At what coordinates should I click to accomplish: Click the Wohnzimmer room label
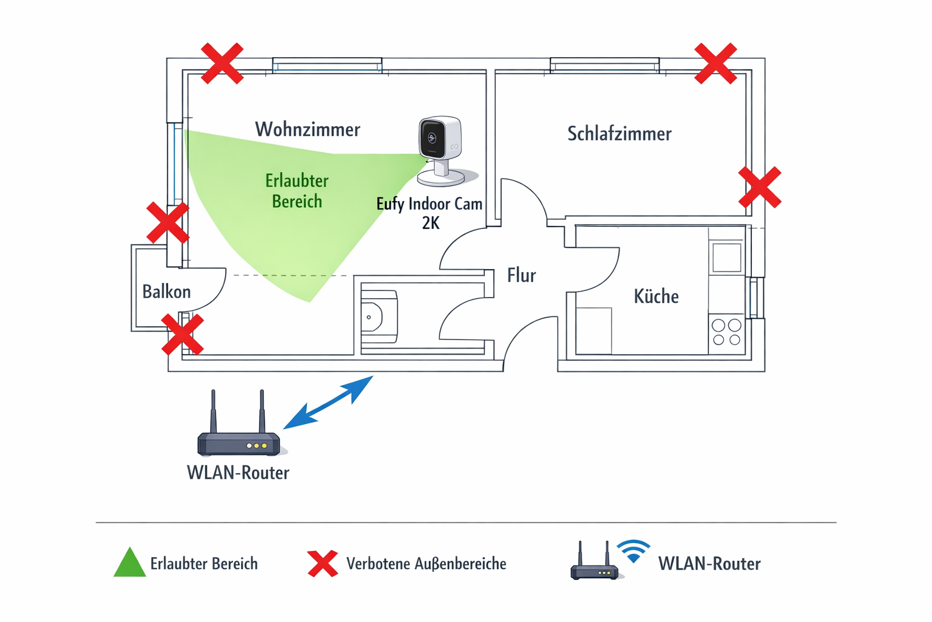click(307, 129)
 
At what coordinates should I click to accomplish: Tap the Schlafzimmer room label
click(619, 134)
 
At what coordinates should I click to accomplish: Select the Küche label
click(656, 296)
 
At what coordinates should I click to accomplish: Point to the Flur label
click(521, 276)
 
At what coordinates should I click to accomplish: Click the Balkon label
click(166, 292)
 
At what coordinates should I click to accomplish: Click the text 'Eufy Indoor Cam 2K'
click(430, 213)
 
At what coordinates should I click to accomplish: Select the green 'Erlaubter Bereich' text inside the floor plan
click(297, 191)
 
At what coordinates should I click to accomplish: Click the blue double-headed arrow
click(328, 402)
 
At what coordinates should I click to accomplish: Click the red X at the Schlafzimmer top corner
click(716, 63)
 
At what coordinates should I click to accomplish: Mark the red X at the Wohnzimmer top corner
click(222, 63)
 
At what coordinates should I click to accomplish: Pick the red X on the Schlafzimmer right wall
click(760, 188)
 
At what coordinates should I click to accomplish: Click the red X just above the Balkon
click(168, 223)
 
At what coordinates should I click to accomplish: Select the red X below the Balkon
click(182, 334)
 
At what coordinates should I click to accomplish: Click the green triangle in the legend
click(130, 564)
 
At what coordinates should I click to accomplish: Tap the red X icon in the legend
click(323, 564)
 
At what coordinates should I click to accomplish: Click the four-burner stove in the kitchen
click(726, 332)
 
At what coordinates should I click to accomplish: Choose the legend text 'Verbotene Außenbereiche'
click(426, 564)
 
